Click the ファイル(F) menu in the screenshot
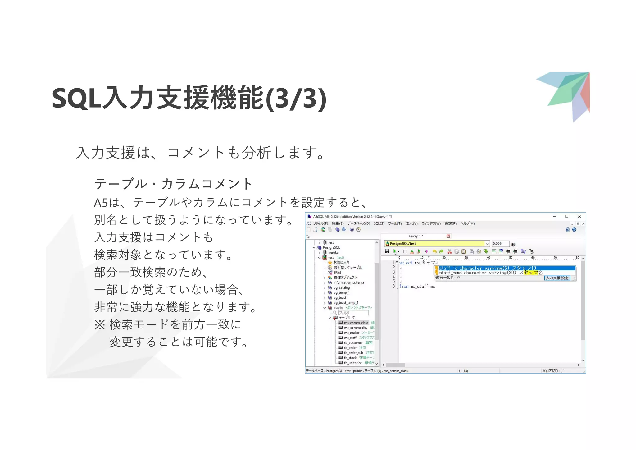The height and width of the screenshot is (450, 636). (x=320, y=223)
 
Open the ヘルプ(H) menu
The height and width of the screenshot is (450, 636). (x=467, y=223)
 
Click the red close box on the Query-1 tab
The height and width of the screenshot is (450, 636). (x=448, y=236)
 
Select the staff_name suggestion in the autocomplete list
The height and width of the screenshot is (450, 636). (x=491, y=273)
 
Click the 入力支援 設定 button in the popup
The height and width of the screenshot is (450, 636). (x=557, y=278)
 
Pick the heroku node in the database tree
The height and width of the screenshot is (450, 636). (x=333, y=252)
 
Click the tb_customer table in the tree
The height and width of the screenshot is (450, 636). (x=353, y=343)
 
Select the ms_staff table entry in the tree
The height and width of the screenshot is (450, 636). (x=350, y=338)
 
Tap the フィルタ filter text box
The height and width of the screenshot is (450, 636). (x=353, y=313)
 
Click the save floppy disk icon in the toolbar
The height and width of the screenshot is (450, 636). (x=387, y=251)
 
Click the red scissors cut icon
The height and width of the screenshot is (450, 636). (x=449, y=251)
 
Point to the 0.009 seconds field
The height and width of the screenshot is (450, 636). (x=500, y=244)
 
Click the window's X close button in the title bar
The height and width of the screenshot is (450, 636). (x=579, y=216)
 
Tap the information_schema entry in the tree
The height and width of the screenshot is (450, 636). (x=348, y=282)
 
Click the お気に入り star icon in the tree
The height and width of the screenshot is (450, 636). (x=330, y=263)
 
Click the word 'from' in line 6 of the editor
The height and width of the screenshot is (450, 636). (x=404, y=287)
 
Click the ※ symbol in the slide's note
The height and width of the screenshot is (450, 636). (x=100, y=325)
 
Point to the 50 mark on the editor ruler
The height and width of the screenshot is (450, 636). (x=511, y=258)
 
